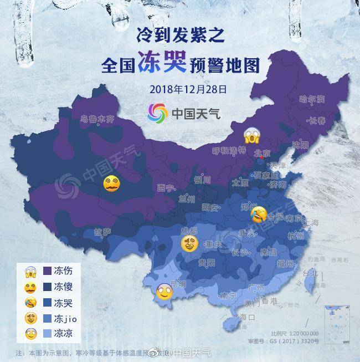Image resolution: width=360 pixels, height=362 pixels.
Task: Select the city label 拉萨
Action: click(x=102, y=231)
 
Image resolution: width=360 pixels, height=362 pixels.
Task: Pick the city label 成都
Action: click(x=189, y=231)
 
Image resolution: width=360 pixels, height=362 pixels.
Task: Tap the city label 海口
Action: click(x=246, y=318)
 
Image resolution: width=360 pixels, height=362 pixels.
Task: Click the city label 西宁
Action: click(x=166, y=187)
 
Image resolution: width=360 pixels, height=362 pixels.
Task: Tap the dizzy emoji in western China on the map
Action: click(x=112, y=183)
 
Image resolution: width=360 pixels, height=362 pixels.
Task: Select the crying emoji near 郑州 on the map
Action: click(x=258, y=214)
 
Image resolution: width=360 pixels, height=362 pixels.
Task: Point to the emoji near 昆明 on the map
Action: click(x=164, y=291)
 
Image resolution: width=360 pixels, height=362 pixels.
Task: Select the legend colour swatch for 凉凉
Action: click(x=44, y=334)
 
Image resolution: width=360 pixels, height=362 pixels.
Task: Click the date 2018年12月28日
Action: click(x=180, y=89)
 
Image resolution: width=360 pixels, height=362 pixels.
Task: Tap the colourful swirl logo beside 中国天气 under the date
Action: click(x=157, y=113)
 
